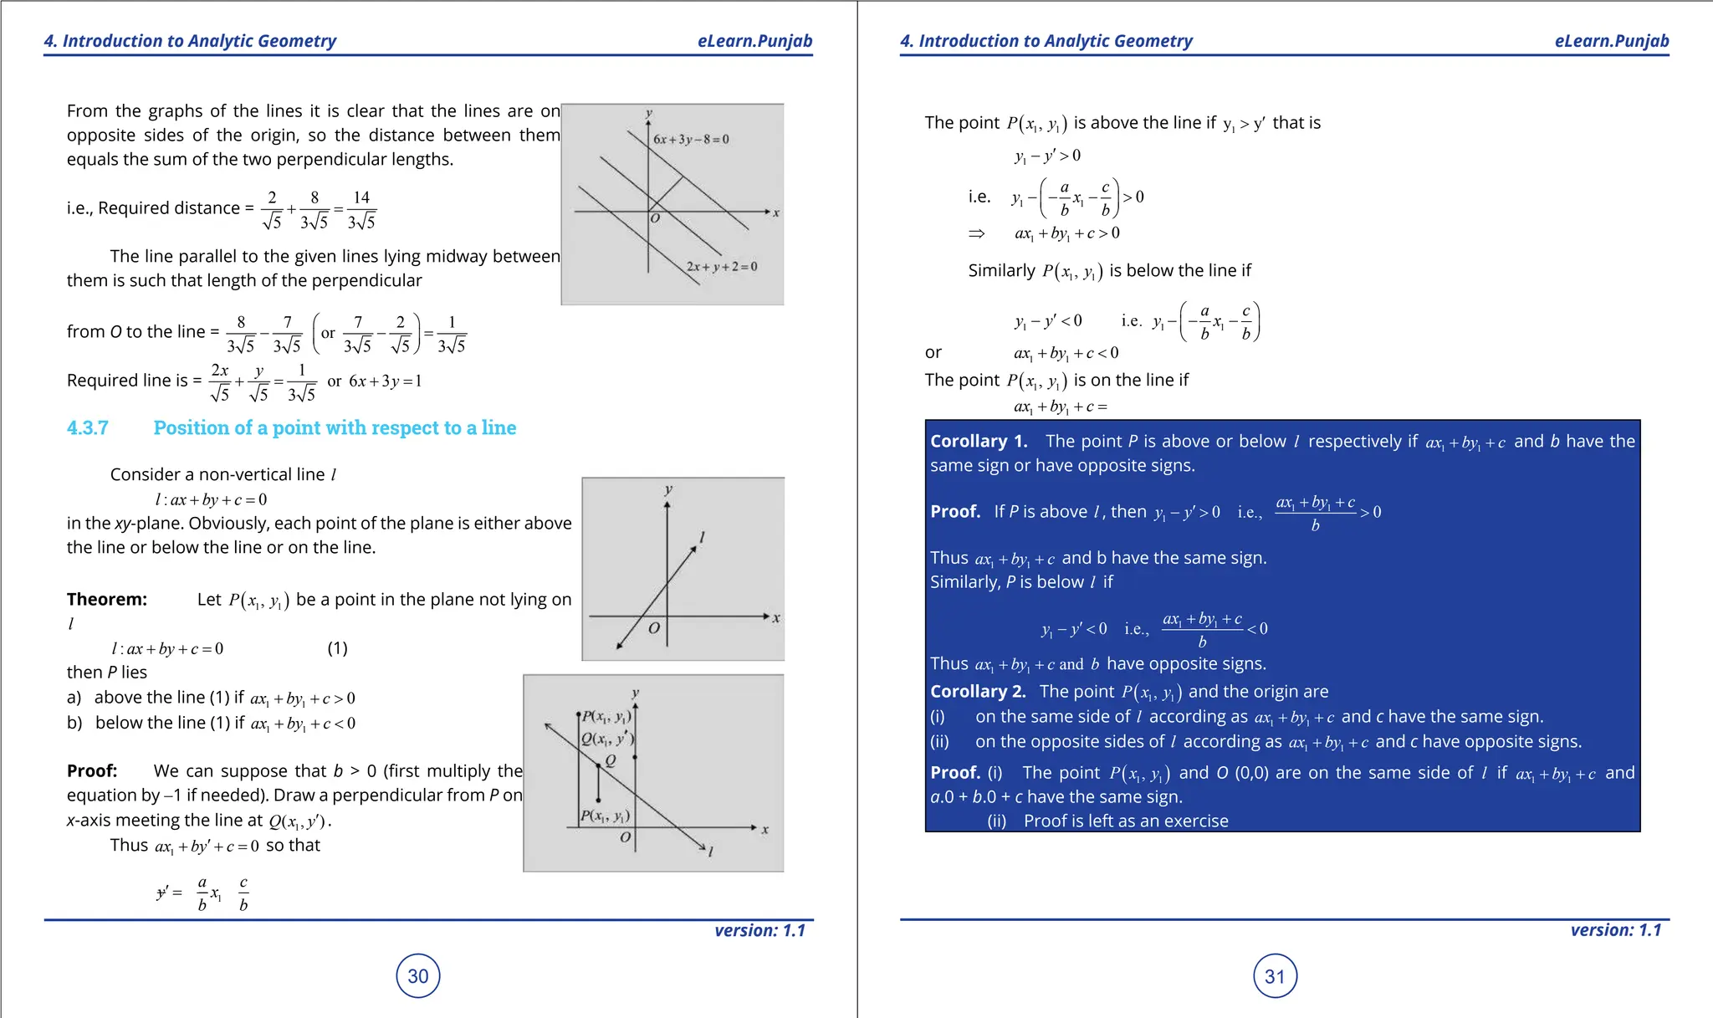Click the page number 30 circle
417,975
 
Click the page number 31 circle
1274,976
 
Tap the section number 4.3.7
88,428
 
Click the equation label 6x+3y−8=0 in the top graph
691,139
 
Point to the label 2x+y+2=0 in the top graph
722,267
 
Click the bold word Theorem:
107,599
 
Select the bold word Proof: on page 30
92,770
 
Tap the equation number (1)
337,648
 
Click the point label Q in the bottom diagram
610,760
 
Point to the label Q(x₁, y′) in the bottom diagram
607,739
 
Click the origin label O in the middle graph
654,627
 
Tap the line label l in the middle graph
702,537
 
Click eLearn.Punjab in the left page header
754,41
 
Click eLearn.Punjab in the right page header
1611,41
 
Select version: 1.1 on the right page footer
1615,930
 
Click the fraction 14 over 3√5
361,209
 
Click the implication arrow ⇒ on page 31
976,233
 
